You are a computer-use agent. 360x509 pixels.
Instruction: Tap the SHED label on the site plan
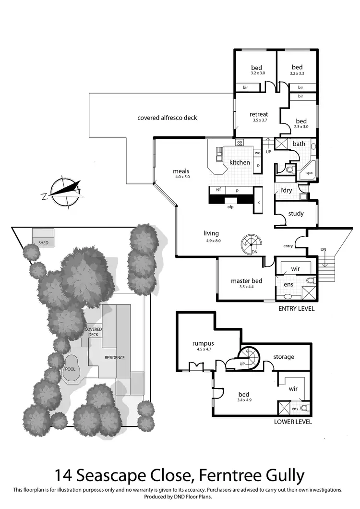[x=44, y=243]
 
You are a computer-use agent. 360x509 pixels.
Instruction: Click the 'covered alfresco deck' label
[x=167, y=118]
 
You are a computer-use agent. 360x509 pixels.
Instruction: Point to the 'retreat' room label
[x=258, y=114]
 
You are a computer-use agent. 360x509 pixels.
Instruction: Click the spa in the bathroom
[x=303, y=173]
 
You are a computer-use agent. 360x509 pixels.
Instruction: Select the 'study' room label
[x=296, y=213]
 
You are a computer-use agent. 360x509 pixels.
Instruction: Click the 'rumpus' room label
[x=203, y=343]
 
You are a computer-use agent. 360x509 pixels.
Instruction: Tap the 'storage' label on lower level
[x=284, y=357]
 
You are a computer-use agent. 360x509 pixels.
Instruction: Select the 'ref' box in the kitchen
[x=218, y=190]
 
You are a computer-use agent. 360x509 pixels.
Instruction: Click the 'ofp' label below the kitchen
[x=230, y=206]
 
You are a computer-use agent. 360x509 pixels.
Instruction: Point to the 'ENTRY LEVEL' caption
[x=296, y=309]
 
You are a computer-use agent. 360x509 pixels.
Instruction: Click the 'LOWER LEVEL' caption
[x=293, y=422]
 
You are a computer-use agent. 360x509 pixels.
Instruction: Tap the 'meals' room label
[x=181, y=171]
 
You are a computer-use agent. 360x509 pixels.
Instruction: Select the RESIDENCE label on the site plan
[x=114, y=358]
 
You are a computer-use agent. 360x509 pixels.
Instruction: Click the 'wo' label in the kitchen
[x=257, y=153]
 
